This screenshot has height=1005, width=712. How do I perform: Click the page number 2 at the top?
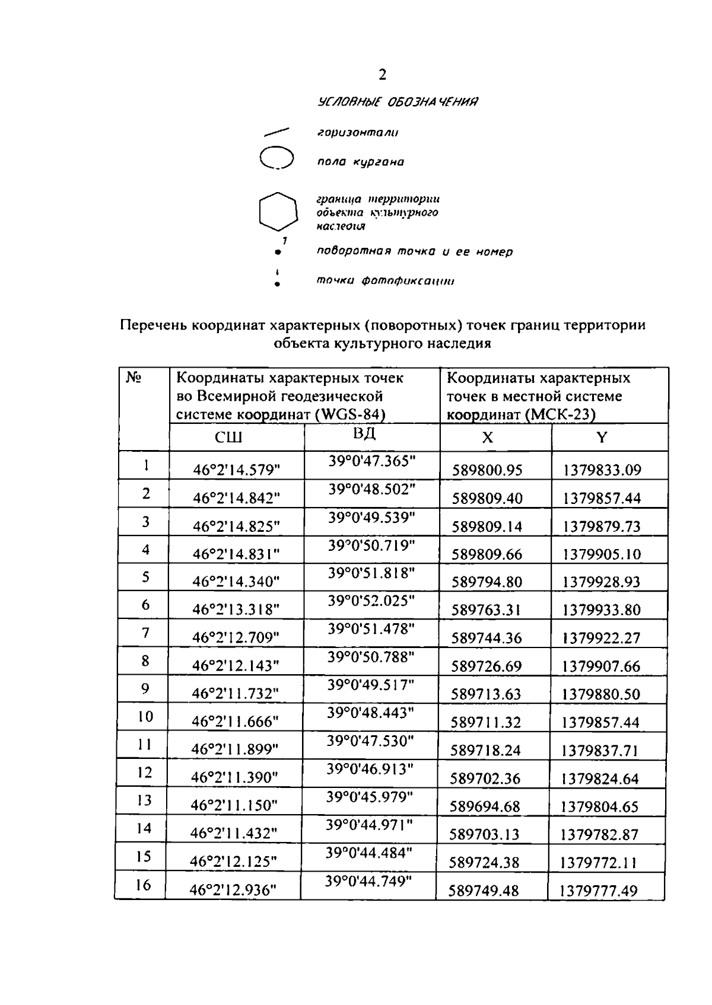[x=382, y=75]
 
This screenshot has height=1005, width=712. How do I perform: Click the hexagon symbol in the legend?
[x=278, y=210]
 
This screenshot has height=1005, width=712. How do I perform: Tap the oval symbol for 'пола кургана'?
[x=277, y=158]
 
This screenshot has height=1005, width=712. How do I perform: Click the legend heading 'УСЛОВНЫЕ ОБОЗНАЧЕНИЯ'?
[x=398, y=102]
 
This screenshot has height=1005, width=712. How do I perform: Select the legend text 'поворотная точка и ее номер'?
[x=415, y=251]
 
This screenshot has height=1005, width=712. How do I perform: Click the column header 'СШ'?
[x=228, y=438]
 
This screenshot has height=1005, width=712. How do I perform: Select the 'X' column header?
[x=487, y=438]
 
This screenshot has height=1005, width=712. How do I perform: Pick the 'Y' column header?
[x=602, y=438]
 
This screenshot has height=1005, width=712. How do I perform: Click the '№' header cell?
[x=134, y=377]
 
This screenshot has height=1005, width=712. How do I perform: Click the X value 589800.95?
[x=487, y=471]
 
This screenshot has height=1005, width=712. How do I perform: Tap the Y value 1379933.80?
[x=602, y=610]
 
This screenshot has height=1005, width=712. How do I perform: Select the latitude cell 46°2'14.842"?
[x=236, y=499]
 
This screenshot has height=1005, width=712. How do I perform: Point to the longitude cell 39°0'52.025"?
[x=371, y=601]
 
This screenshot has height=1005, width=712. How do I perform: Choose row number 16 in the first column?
[x=144, y=885]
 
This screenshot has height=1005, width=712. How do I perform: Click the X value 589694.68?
[x=485, y=806]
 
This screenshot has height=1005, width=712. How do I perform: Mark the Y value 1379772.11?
[x=599, y=863]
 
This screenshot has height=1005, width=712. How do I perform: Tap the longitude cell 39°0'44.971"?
[x=369, y=825]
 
